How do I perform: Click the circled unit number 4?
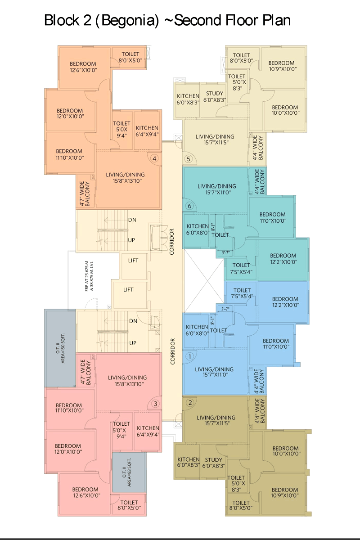pos(154,158)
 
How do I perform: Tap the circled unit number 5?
pos(189,159)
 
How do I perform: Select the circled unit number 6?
pos(189,206)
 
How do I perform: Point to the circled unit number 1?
pos(190,356)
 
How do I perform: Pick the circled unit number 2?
pos(190,403)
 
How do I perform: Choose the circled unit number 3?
pos(155,404)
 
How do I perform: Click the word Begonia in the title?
pos(130,21)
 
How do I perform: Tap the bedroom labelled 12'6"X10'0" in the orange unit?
pos(83,67)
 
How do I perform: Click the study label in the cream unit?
pos(215,96)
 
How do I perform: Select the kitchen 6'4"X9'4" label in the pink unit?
pos(148,431)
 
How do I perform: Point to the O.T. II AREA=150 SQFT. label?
pos(60,348)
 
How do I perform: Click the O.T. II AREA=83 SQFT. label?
pos(126,472)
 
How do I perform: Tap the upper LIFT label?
pos(133,261)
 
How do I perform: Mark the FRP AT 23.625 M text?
pos(87,276)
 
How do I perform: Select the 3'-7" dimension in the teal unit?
pos(226,252)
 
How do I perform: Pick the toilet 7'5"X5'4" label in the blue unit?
pos(242,293)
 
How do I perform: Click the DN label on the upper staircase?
pos(132,220)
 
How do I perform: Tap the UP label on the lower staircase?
pos(133,343)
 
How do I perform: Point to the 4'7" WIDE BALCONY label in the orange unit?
pos(85,194)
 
